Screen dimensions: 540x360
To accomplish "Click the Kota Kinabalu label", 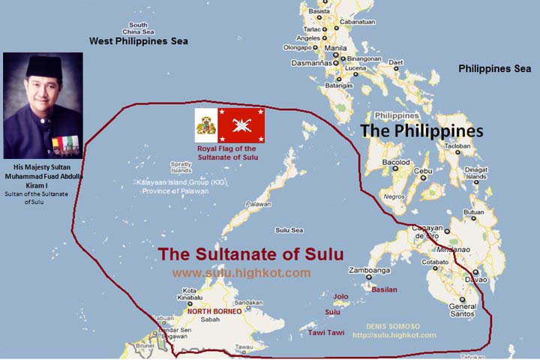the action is pyautogui.click(x=189, y=295).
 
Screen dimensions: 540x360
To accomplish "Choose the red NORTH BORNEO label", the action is pyautogui.click(x=214, y=310).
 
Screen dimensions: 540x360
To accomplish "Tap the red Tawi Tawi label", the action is pyautogui.click(x=326, y=332).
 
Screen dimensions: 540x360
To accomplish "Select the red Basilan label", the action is pyautogui.click(x=384, y=289).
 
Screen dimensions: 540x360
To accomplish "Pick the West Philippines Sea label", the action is pyautogui.click(x=139, y=41).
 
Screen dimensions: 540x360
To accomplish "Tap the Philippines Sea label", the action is pyautogui.click(x=495, y=68).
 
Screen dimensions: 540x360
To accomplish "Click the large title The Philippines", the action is pyautogui.click(x=421, y=130).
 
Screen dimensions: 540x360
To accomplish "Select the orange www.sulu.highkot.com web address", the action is pyautogui.click(x=241, y=273).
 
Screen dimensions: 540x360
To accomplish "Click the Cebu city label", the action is pyautogui.click(x=424, y=171).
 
